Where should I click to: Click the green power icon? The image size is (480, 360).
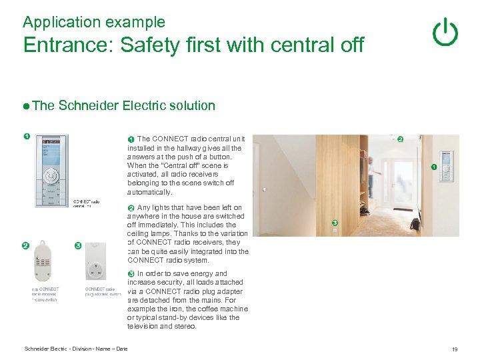(445, 32)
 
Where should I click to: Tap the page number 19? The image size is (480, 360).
(454, 349)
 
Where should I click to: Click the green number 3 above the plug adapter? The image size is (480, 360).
(78, 246)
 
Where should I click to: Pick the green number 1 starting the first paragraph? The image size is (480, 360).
(131, 139)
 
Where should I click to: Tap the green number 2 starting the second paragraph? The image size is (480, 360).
(131, 208)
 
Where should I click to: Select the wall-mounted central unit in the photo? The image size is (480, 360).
(445, 163)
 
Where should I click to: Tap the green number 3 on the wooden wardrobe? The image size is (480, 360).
(335, 223)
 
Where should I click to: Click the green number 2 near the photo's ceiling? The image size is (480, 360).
(400, 139)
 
